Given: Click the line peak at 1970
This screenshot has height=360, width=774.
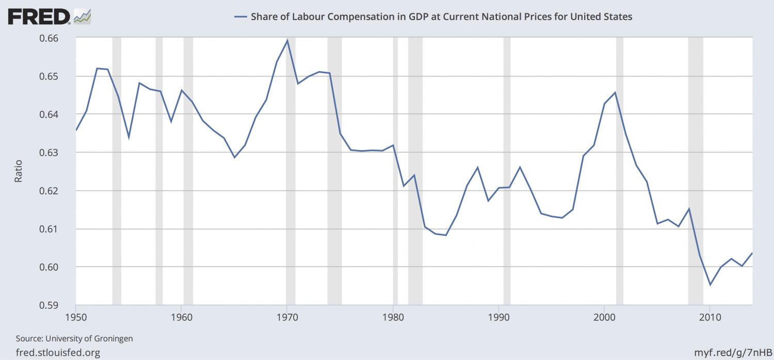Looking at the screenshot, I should pyautogui.click(x=287, y=40).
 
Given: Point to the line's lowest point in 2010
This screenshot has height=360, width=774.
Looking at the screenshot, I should pyautogui.click(x=710, y=285).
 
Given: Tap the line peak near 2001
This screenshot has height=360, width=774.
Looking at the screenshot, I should pyautogui.click(x=615, y=92).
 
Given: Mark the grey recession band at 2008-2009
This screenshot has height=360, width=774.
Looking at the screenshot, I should pyautogui.click(x=696, y=170).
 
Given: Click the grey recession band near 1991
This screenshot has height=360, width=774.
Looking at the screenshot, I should pyautogui.click(x=507, y=170).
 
